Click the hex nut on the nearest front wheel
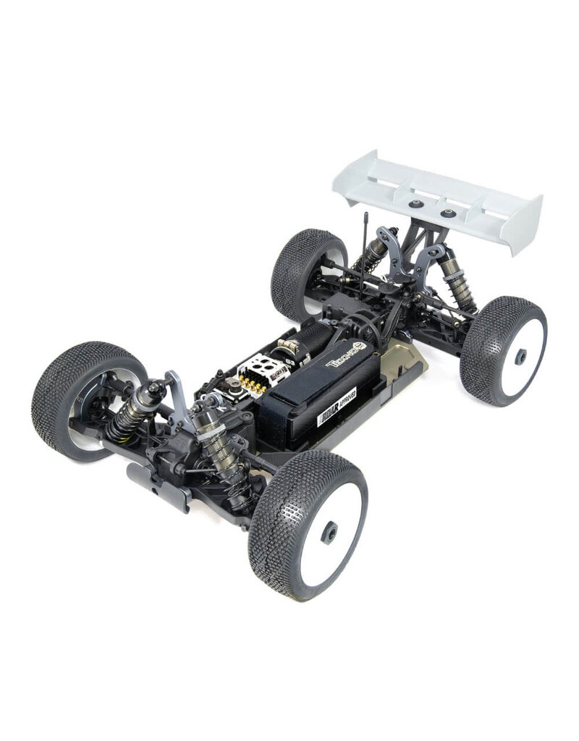point(329,533)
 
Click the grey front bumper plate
point(156,481)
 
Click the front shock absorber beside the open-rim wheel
point(132,412)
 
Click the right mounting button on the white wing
point(449,213)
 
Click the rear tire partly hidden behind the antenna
point(304,268)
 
